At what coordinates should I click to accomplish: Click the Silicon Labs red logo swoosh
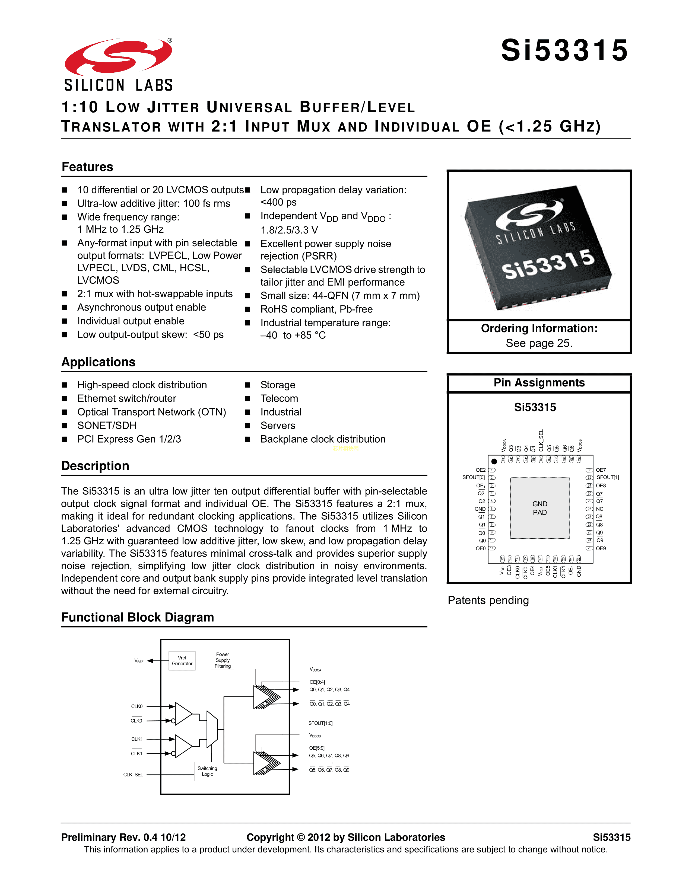[118, 57]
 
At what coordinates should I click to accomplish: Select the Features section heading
[87, 167]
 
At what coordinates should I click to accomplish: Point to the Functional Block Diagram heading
[137, 617]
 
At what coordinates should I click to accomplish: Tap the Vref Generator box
[182, 661]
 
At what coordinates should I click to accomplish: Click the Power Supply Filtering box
[223, 660]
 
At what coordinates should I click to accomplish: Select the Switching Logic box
[207, 771]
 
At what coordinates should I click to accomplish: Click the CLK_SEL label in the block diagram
[133, 775]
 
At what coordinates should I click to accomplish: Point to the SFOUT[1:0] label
[320, 723]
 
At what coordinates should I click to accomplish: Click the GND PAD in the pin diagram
[539, 508]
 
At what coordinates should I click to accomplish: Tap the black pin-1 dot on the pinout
[494, 461]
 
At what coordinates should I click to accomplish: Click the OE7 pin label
[601, 470]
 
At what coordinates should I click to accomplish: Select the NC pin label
[600, 509]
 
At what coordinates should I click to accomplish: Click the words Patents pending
[488, 600]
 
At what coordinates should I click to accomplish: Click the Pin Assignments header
[539, 383]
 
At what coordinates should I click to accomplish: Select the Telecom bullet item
[279, 398]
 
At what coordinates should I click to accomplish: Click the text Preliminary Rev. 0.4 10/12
[123, 837]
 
